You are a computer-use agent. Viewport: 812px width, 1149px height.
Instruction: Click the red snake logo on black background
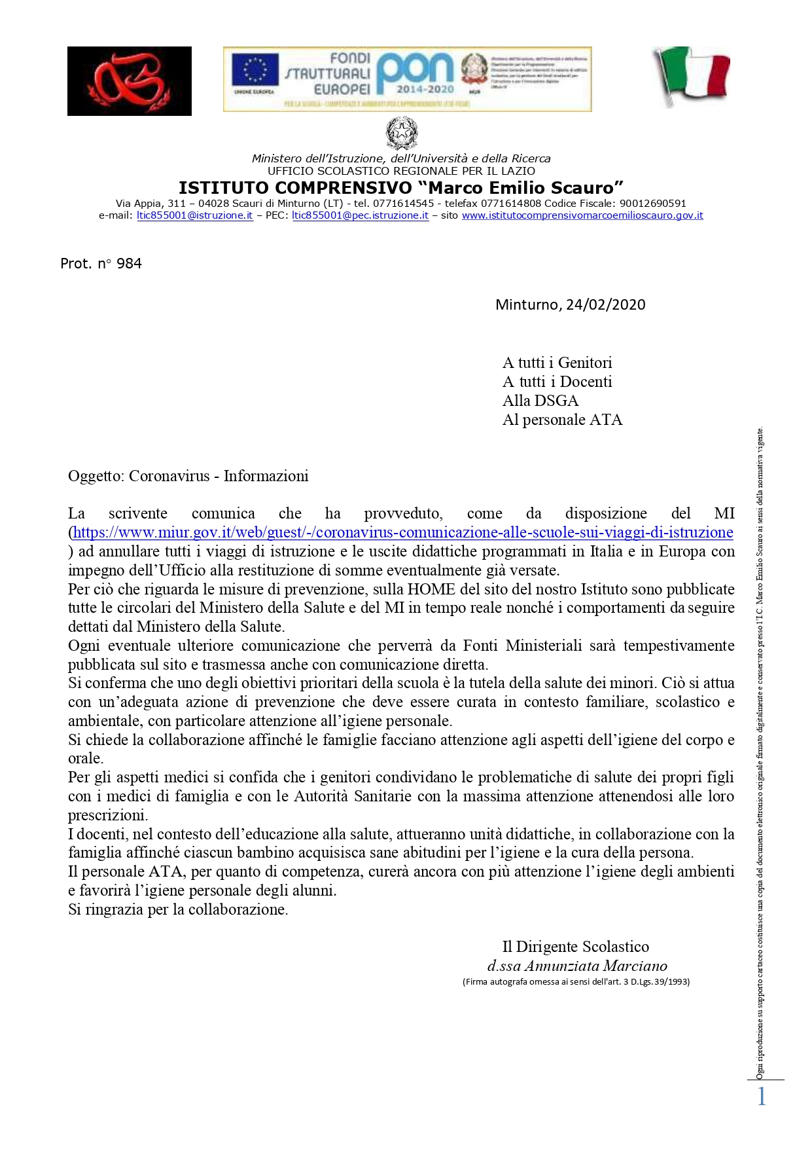[x=129, y=81]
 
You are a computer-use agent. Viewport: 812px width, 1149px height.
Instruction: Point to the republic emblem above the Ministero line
[x=401, y=133]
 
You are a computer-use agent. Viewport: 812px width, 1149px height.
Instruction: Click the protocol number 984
[x=129, y=263]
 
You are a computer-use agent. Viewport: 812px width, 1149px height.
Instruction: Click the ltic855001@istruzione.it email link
[x=194, y=215]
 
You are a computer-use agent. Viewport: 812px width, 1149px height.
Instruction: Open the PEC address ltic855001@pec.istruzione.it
[x=360, y=215]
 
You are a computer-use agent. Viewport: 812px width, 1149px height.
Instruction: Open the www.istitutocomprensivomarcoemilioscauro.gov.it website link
[x=582, y=215]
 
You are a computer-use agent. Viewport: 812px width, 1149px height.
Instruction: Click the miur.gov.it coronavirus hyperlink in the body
[x=402, y=532]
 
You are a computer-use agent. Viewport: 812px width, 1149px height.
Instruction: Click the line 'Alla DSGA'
[x=540, y=401]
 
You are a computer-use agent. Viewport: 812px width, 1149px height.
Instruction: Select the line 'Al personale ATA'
[x=562, y=420]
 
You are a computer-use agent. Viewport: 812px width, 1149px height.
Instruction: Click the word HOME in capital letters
[x=427, y=589]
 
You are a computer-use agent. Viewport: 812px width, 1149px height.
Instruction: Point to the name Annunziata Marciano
[x=595, y=966]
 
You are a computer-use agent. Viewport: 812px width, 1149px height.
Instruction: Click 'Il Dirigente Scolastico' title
[x=575, y=947]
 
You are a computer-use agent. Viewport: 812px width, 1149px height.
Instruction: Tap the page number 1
[x=761, y=1096]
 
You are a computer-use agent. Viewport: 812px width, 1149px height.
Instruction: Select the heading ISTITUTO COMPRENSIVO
[x=295, y=188]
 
